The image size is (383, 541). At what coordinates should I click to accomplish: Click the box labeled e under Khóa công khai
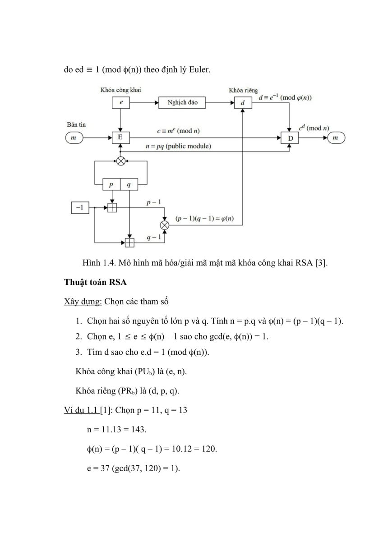[121, 103]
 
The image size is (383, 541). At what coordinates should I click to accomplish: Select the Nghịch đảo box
[182, 103]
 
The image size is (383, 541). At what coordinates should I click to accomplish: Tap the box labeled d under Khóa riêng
[243, 103]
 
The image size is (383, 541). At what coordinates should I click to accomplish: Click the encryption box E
[121, 138]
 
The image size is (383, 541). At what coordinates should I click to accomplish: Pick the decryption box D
[290, 138]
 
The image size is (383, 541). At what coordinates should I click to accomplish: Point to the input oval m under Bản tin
[74, 138]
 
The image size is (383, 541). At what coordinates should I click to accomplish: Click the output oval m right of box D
[336, 138]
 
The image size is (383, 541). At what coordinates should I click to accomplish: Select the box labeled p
[111, 184]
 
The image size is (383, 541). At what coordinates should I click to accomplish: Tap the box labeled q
[129, 184]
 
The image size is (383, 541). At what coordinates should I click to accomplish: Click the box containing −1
[80, 208]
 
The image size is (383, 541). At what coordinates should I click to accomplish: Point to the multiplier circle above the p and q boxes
[121, 161]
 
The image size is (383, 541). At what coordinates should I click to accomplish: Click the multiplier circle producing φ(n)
[165, 225]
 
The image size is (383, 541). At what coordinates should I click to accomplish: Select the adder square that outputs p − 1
[112, 208]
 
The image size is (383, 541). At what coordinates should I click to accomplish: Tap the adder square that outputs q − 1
[129, 243]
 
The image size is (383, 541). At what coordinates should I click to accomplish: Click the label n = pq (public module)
[178, 146]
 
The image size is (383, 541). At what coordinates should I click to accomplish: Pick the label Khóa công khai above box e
[120, 90]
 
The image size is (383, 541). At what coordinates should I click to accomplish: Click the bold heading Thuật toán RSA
[95, 282]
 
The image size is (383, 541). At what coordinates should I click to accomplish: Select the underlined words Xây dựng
[83, 302]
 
